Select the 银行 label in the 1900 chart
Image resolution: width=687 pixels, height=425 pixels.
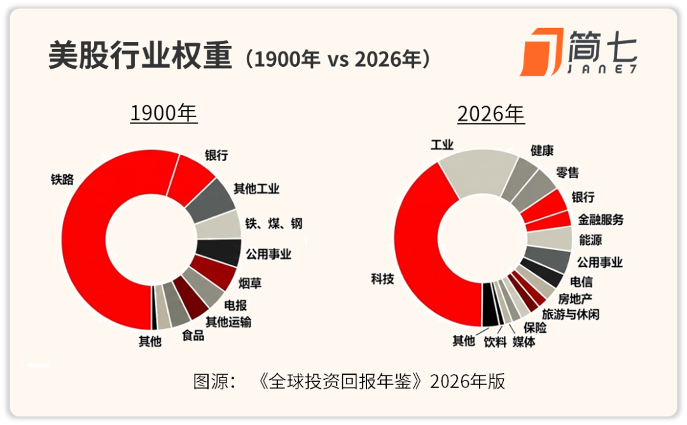pos(216,155)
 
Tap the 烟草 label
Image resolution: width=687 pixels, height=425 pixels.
pos(250,282)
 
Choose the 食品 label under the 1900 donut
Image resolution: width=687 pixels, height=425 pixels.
pos(193,335)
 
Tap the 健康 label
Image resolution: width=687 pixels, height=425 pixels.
pos(542,151)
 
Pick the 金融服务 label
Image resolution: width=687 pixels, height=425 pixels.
pos(600,219)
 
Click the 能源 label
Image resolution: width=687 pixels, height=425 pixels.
pos(590,240)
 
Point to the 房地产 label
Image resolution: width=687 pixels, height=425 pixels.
pos(575,298)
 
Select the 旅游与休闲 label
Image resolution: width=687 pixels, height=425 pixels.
pos(570,314)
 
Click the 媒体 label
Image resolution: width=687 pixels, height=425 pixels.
pos(524,342)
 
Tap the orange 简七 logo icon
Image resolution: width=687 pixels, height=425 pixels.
pos(540,52)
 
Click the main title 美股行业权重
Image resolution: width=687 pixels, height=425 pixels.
pos(140,57)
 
